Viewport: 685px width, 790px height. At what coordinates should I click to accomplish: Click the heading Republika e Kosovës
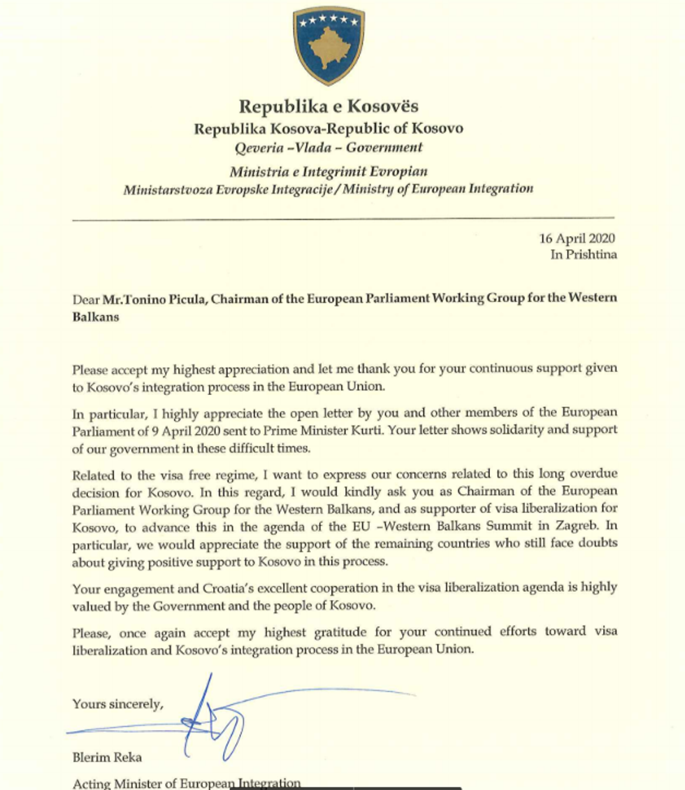329,106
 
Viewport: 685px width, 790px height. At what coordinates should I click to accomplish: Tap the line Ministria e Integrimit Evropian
329,171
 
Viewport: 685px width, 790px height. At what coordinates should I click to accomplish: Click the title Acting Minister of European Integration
187,784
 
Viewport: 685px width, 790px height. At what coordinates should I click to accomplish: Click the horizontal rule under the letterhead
342,219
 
